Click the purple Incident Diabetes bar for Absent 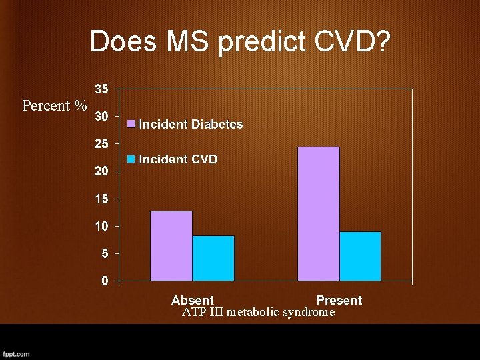171,246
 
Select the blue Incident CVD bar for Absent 213,258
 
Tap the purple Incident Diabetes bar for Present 319,213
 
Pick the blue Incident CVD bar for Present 360,256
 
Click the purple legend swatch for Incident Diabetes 132,124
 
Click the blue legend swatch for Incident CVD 132,159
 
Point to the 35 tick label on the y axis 101,89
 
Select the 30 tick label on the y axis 101,116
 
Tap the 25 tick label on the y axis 101,143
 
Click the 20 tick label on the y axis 101,171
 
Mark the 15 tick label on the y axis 101,199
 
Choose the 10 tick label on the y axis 101,226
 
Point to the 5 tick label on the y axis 105,253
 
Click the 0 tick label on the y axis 105,281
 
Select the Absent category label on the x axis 193,300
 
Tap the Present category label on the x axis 339,300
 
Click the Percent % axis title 55,106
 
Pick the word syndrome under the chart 309,312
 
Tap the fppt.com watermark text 16,353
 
